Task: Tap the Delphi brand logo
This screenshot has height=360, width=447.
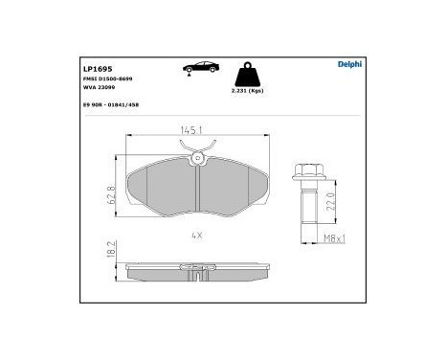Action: tap(347, 65)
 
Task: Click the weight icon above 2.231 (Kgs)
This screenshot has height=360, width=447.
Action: tap(247, 75)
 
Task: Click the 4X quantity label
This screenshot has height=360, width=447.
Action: tap(196, 233)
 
